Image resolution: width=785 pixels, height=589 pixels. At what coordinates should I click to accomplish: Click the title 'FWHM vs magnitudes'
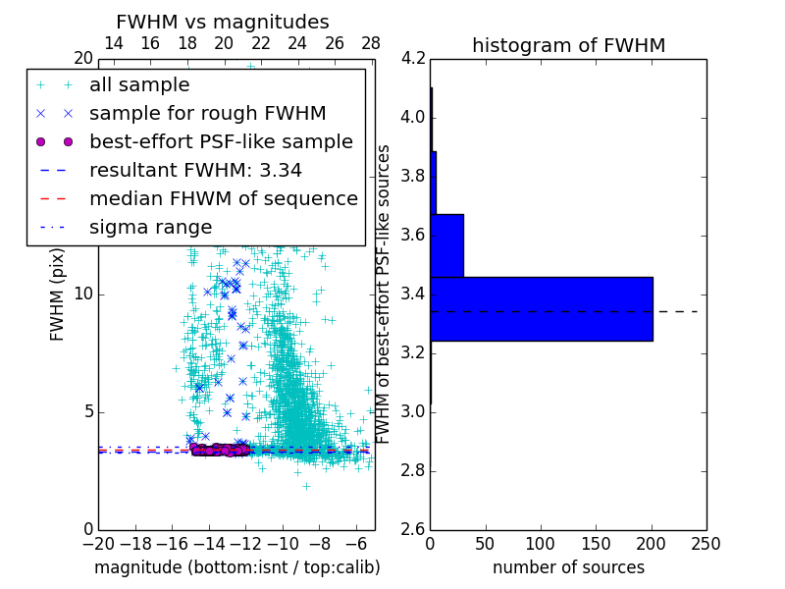(x=223, y=22)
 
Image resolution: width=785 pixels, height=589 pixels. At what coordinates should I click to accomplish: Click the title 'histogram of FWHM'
(x=568, y=45)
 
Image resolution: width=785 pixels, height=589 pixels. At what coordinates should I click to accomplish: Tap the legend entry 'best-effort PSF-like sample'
(x=221, y=141)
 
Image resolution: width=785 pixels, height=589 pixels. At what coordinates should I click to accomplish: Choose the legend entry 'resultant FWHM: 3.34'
(x=195, y=170)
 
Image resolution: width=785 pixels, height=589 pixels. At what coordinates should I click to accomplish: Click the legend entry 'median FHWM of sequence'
(x=223, y=198)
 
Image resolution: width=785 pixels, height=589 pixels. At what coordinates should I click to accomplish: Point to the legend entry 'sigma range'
(x=150, y=227)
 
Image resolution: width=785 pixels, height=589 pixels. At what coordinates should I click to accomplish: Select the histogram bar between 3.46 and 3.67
(x=446, y=245)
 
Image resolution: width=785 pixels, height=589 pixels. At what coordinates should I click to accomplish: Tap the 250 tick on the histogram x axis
(x=706, y=543)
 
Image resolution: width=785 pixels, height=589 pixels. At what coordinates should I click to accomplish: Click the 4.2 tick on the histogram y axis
(x=413, y=59)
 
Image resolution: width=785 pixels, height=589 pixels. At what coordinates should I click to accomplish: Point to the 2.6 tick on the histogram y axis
(x=413, y=529)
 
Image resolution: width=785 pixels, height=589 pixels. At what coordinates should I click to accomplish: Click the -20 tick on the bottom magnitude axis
(x=98, y=543)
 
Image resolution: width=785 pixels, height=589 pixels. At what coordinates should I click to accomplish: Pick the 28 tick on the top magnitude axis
(x=371, y=43)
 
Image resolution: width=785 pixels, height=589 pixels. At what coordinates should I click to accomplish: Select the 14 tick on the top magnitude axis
(x=114, y=43)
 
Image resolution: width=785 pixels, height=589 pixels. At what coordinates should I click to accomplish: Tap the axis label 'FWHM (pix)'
(x=58, y=294)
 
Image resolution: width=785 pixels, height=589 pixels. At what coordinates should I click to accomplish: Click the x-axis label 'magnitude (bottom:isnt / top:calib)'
(x=236, y=567)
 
